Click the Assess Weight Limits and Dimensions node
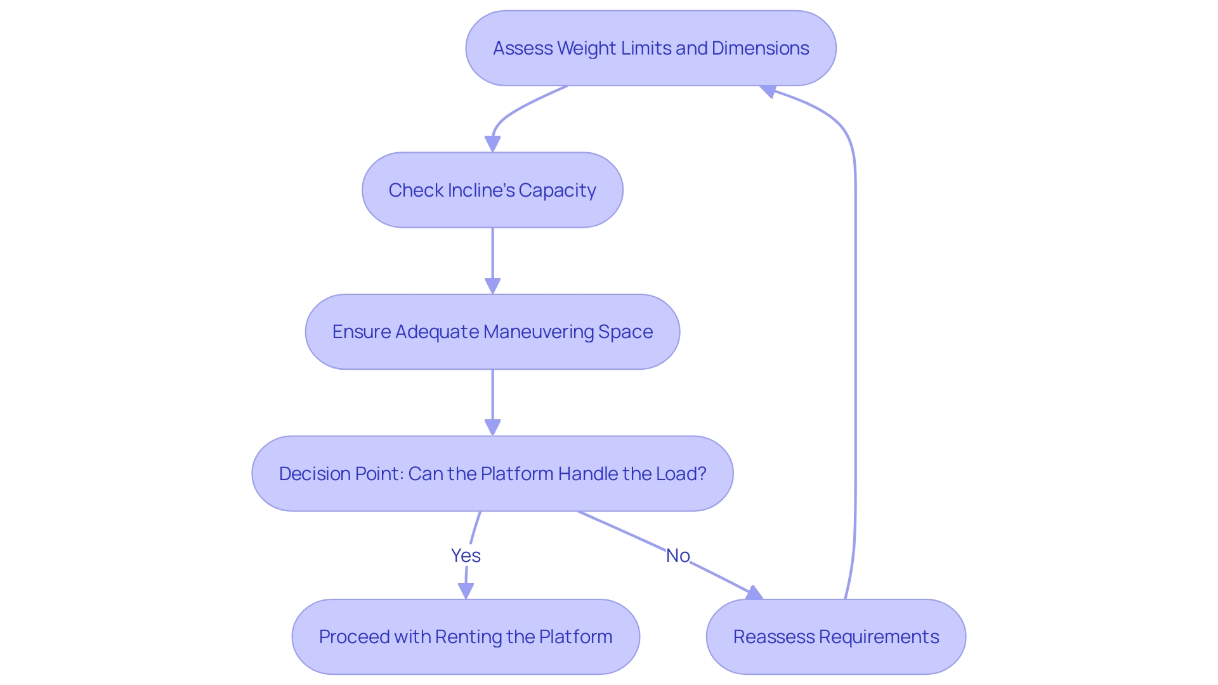point(651,48)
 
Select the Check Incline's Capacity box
point(492,190)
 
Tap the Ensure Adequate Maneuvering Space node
point(492,332)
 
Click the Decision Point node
point(492,474)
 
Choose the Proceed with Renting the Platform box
point(466,637)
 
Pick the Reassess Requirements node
point(835,637)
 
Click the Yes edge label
point(466,556)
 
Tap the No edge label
point(678,556)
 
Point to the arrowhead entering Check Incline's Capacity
point(492,144)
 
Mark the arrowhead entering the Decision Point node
point(492,427)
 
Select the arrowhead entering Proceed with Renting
point(466,591)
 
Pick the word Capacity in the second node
point(557,190)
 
